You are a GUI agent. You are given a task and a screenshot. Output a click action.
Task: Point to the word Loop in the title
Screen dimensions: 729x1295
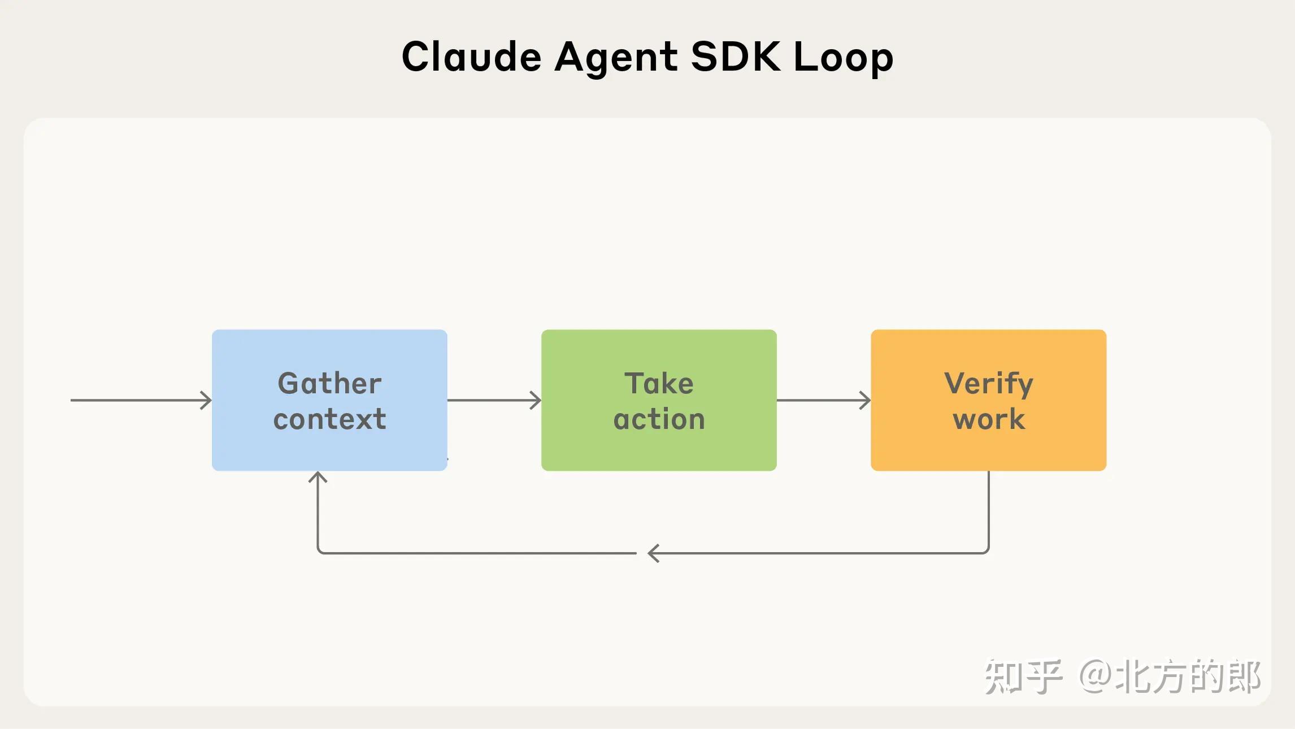pos(843,58)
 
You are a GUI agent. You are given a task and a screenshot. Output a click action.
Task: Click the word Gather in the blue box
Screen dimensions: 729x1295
pos(329,384)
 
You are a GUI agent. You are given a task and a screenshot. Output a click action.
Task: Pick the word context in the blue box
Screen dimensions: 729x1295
pos(329,419)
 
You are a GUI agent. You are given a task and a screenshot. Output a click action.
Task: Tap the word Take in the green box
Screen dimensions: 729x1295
pos(659,384)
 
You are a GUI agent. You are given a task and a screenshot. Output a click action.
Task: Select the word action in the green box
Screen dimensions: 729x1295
pos(659,419)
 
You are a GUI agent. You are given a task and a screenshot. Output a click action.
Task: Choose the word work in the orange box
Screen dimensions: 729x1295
pos(988,419)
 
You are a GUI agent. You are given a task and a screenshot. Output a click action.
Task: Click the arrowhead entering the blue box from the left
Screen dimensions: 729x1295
pos(207,400)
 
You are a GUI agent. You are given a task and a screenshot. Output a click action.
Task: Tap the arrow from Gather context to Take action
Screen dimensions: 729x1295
pos(494,400)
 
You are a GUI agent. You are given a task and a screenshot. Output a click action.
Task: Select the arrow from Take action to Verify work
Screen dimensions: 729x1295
pos(824,400)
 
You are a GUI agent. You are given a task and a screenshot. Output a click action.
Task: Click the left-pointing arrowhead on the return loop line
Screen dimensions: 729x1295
pos(653,553)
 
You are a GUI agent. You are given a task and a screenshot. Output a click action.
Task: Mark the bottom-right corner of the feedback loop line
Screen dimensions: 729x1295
pos(987,551)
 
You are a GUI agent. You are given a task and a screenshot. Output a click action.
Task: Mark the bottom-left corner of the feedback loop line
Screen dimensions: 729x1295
pos(320,551)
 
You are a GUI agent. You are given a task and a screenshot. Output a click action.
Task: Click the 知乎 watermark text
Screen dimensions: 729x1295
pos(1023,676)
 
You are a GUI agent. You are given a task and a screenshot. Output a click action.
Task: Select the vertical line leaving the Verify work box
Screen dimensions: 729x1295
pos(989,509)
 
